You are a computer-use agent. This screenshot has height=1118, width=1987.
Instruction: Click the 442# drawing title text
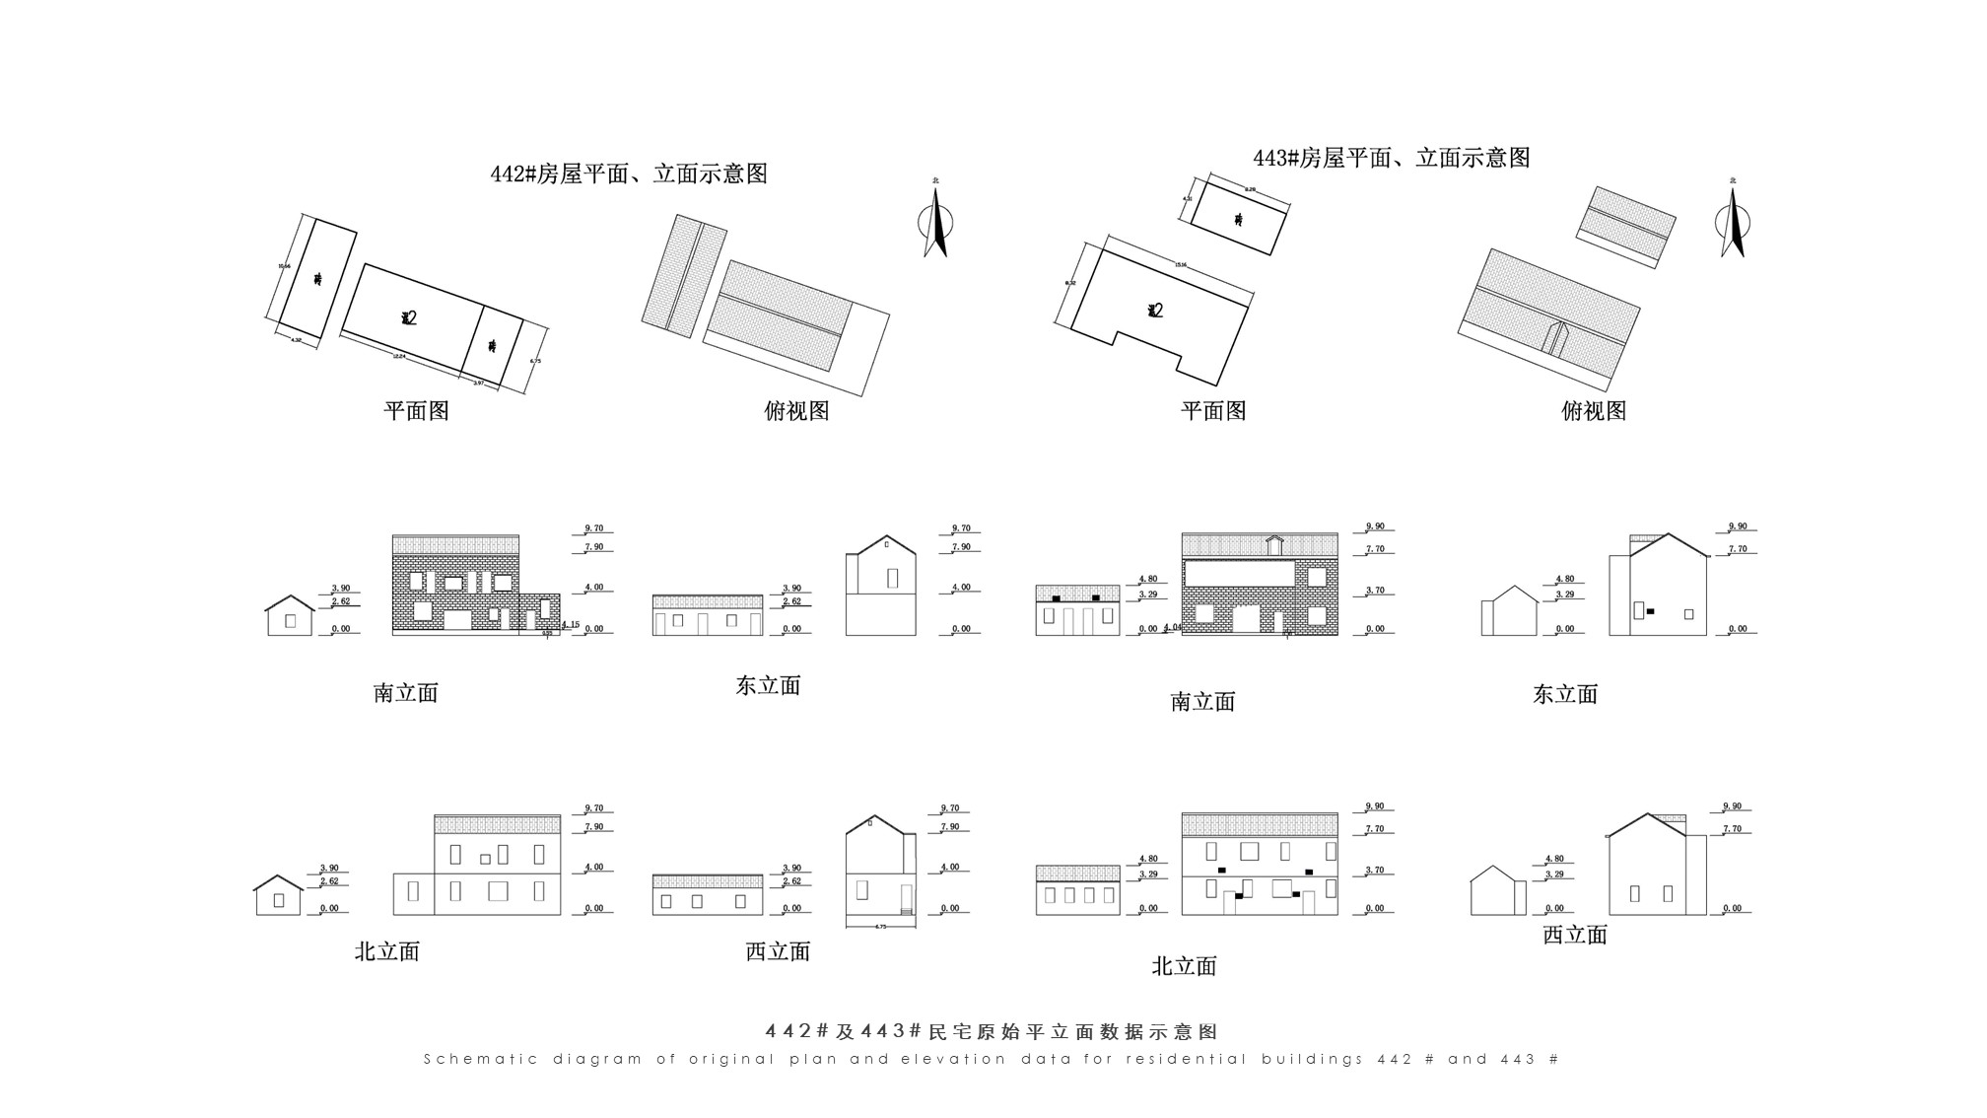[x=629, y=175]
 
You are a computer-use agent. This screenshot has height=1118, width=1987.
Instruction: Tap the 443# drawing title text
[x=1391, y=158]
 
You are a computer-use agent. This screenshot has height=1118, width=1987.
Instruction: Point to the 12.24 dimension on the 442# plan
[x=398, y=356]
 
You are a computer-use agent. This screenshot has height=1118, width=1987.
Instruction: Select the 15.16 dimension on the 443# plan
[x=1180, y=264]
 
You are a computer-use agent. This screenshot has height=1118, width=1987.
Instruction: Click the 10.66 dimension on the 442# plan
[x=284, y=266]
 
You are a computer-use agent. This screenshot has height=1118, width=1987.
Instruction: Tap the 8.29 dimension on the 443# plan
[x=1250, y=189]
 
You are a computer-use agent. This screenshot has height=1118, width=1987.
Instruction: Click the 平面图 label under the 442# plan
[x=416, y=411]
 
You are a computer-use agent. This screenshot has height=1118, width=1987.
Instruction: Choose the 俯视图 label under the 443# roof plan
[x=1593, y=411]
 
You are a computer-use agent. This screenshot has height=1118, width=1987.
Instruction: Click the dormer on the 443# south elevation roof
[x=1274, y=544]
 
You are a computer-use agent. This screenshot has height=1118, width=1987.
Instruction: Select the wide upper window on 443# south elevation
[x=1240, y=573]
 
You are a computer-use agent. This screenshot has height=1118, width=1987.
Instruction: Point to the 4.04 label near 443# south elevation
[x=1172, y=627]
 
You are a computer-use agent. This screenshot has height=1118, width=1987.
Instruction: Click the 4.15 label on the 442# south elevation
[x=571, y=624]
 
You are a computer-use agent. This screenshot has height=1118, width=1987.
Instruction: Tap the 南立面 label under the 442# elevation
[x=405, y=693]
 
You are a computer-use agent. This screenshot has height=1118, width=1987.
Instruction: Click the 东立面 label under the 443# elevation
[x=1564, y=694]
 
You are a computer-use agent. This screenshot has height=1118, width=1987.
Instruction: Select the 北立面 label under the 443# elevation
[x=1184, y=966]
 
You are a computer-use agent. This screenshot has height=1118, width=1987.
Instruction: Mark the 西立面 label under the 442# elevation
[x=778, y=951]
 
